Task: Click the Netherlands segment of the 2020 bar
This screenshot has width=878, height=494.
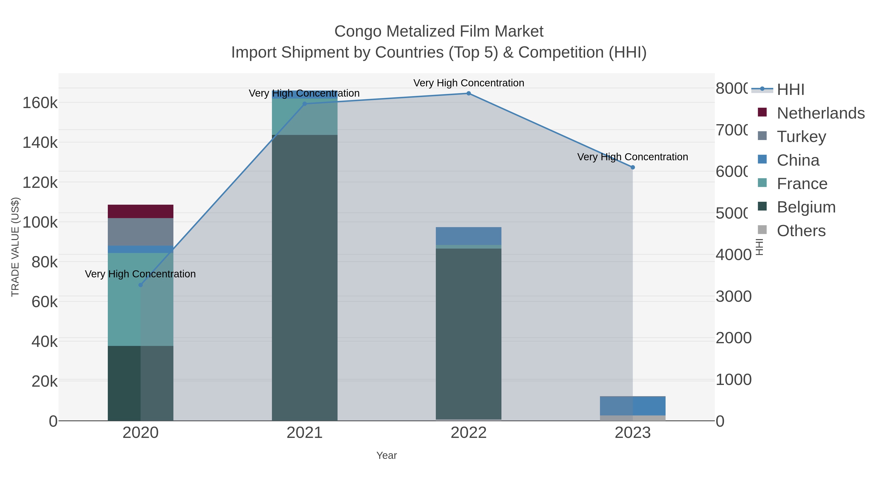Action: [x=140, y=211]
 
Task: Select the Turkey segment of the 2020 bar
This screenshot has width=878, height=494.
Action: [x=140, y=232]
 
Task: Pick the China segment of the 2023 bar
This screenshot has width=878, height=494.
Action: [x=633, y=406]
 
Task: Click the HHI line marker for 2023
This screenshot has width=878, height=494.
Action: [x=633, y=167]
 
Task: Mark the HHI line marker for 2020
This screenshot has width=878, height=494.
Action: [x=140, y=285]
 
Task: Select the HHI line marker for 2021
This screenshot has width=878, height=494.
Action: [x=305, y=104]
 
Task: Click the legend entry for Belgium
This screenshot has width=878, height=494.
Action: [x=806, y=207]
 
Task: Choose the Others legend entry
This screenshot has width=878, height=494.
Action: [x=801, y=231]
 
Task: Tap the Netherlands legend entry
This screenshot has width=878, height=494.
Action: [x=820, y=113]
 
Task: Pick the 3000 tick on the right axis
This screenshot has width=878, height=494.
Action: [x=733, y=297]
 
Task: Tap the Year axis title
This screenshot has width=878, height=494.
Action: [x=387, y=455]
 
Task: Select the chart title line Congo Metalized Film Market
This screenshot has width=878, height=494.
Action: [x=439, y=31]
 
